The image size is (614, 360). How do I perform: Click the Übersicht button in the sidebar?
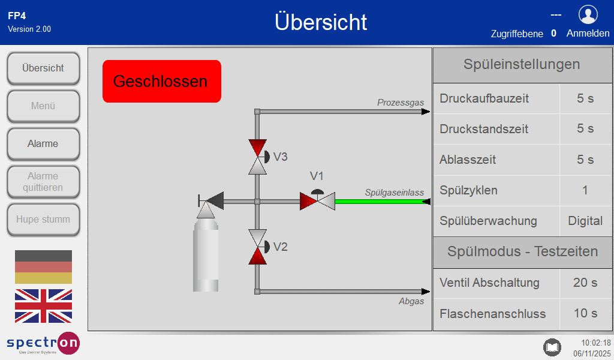43,68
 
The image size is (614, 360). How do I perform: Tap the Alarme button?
43,144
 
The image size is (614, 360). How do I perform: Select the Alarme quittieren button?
43,182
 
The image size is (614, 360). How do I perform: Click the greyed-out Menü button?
43,106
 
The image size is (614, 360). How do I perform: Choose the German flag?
43,267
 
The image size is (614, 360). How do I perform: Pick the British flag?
43,306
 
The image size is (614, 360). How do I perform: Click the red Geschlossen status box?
162,81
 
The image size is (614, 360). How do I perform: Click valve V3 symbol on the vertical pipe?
258,157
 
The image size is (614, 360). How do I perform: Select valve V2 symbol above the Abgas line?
258,247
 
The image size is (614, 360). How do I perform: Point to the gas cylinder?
206,254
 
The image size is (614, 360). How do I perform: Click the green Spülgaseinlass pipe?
383,202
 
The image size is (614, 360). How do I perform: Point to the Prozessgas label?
401,103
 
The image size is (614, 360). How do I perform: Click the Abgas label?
411,301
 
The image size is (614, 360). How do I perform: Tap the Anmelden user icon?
588,15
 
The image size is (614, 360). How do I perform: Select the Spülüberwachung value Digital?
585,221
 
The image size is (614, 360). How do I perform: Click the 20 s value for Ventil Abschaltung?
585,283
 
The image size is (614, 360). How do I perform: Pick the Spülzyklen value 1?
585,190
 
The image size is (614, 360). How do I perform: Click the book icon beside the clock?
552,347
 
